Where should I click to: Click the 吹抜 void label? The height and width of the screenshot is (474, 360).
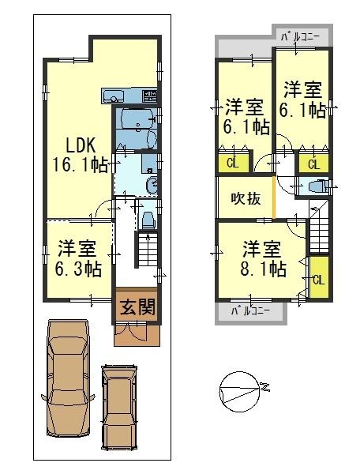pyautogui.click(x=246, y=199)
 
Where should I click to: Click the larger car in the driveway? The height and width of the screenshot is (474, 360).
pyautogui.click(x=68, y=378)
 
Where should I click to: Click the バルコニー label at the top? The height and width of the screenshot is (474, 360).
pyautogui.click(x=299, y=36)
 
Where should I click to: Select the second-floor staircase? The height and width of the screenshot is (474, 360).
pyautogui.click(x=319, y=229)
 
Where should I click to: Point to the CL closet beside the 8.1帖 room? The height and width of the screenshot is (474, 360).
pyautogui.click(x=318, y=278)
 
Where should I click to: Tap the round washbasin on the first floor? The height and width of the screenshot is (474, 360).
pyautogui.click(x=152, y=186)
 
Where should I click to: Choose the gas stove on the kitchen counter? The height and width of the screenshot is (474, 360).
pyautogui.click(x=149, y=96)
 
